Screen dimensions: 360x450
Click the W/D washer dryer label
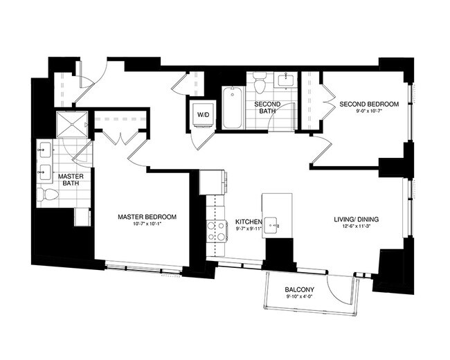203,114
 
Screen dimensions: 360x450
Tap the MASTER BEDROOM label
147,217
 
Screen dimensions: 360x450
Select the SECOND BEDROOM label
368,105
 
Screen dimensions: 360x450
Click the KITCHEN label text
249,222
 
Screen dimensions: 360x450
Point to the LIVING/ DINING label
356,220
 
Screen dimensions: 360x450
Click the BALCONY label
300,289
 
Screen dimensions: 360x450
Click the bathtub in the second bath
231,107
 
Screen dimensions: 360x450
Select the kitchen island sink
275,224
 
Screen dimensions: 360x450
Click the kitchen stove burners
217,231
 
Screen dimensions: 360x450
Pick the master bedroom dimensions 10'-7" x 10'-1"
147,225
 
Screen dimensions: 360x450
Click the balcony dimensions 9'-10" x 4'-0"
300,297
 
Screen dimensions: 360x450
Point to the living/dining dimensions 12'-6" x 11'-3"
356,228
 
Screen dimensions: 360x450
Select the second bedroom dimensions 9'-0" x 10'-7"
368,112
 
